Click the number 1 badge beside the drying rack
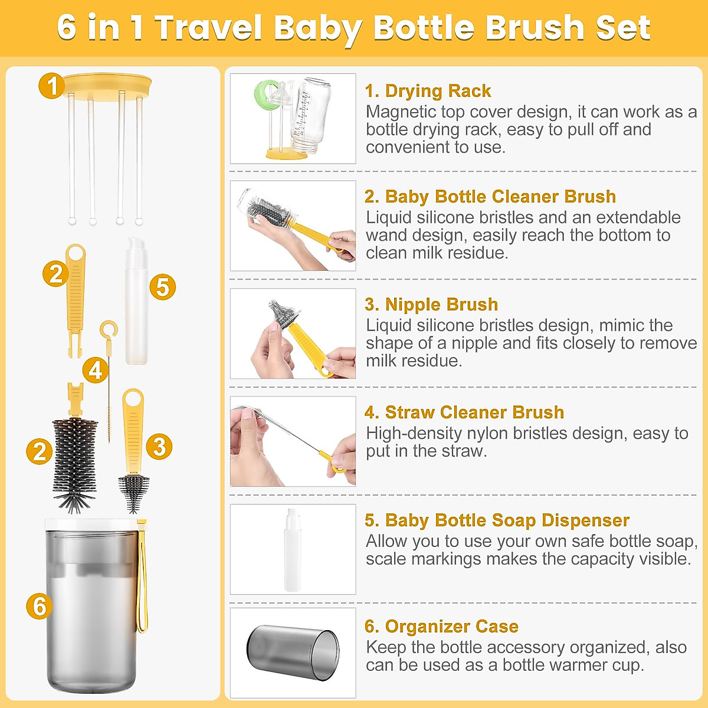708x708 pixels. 52,86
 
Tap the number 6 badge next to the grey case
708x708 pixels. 40,606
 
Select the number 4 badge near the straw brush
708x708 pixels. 95,370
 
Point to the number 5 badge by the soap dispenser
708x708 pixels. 162,287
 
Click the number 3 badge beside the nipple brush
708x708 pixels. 159,447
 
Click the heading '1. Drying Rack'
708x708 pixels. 428,91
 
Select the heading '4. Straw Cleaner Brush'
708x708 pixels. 464,412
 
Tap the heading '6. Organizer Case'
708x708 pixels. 441,627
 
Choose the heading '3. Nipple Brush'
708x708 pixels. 431,304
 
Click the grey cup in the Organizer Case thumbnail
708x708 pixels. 293,653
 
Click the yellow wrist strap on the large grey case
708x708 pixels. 142,578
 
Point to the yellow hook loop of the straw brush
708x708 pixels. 109,330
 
